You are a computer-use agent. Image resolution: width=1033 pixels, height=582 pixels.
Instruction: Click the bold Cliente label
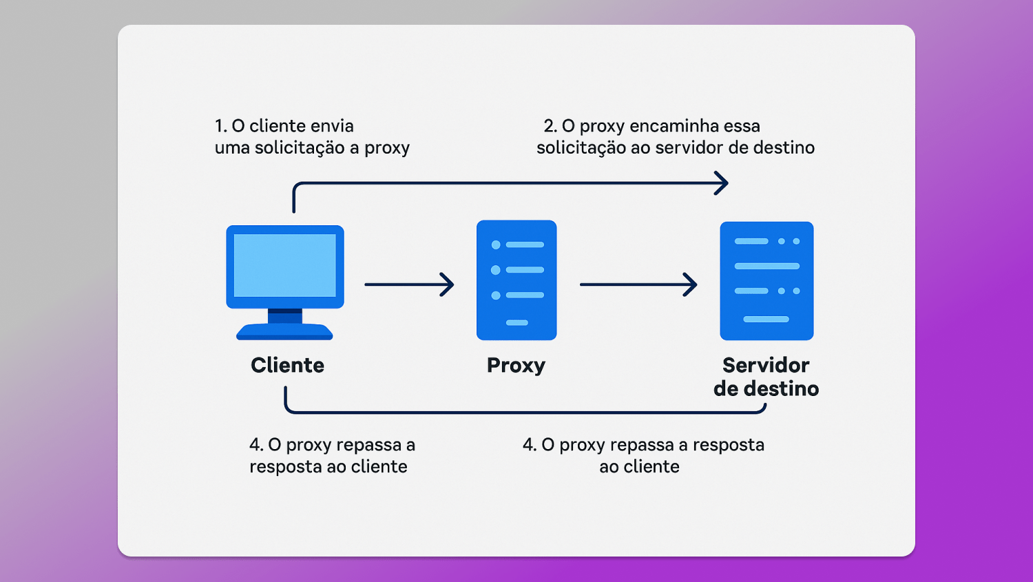287,365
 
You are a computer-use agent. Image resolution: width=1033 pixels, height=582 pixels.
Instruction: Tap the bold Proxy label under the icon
516,365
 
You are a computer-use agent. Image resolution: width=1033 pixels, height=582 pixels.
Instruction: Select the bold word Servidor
766,365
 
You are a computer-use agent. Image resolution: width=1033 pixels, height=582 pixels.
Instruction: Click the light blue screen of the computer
284,265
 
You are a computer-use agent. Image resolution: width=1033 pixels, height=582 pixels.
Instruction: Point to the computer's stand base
284,333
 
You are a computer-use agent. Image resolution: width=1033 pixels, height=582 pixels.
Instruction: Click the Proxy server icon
516,280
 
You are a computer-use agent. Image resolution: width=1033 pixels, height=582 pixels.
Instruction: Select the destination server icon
766,280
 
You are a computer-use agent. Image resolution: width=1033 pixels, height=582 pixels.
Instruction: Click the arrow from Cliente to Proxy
409,284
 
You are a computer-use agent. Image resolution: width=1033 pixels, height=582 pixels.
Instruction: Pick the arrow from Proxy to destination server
638,284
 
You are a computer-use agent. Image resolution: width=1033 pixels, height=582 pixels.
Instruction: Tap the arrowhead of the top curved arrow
722,183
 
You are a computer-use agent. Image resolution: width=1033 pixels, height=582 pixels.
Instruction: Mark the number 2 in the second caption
549,126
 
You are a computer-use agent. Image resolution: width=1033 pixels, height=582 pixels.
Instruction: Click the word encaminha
669,126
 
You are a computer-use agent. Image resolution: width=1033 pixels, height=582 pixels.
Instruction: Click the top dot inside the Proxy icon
496,245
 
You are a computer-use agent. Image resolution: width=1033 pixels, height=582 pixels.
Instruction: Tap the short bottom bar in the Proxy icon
516,322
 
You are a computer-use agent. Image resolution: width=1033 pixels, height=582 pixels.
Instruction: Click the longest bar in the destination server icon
766,266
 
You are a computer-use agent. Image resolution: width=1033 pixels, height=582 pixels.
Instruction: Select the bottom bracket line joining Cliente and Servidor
523,413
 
